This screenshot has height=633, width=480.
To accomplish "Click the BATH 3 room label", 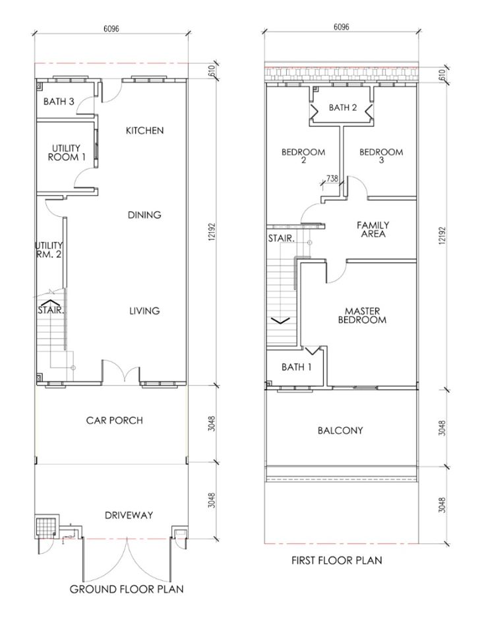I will (x=59, y=102).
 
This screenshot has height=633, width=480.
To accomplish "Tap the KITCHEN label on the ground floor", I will (x=144, y=131).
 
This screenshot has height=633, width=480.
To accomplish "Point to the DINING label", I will (x=144, y=215).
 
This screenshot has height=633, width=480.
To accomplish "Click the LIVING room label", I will (x=144, y=311).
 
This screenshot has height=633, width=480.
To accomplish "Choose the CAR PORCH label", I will (x=114, y=420).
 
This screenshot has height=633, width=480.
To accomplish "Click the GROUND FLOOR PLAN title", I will (x=127, y=589).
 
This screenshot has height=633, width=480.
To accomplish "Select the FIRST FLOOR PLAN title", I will (x=337, y=560).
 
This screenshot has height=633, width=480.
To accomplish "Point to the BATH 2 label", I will (x=343, y=107).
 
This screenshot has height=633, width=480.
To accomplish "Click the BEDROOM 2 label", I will (x=303, y=156).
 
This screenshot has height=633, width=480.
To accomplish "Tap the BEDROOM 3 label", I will (x=381, y=156).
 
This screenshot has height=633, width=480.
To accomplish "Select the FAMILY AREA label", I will (x=373, y=229).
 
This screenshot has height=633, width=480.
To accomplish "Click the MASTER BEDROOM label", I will (x=361, y=315).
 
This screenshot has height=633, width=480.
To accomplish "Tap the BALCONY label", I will (x=340, y=431).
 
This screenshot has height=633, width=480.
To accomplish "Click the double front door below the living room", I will (x=121, y=373).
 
